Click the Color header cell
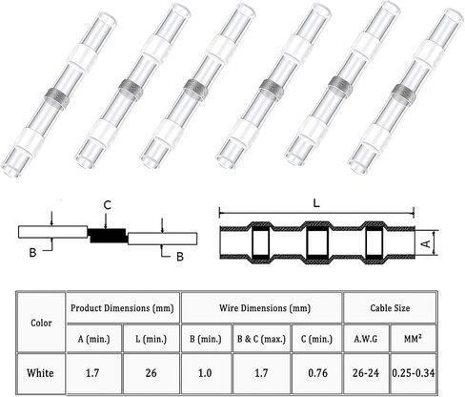[41, 323]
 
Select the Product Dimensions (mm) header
[122, 308]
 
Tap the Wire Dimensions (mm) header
[265, 308]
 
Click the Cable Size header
[390, 308]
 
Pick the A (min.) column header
[93, 339]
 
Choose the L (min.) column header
[151, 339]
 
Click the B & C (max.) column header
[261, 339]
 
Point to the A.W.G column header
[366, 339]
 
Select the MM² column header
[413, 339]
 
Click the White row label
[40, 373]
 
